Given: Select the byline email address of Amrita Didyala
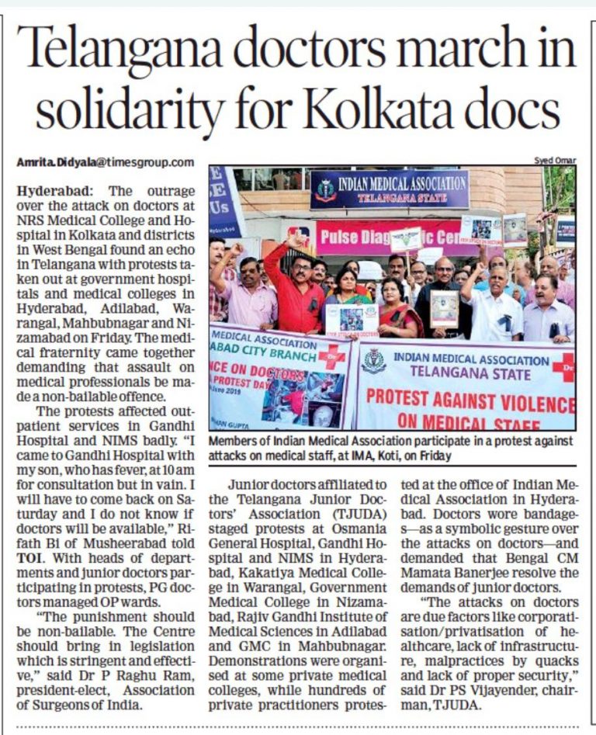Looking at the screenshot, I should coord(106,162).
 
